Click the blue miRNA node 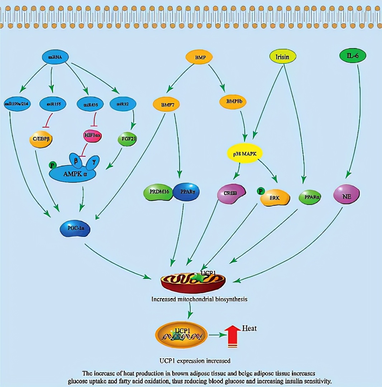point(55,57)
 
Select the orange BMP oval point(199,57)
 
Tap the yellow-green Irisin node point(282,57)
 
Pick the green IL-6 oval point(352,56)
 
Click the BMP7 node point(166,105)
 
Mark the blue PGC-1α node point(75,228)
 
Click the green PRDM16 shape point(158,192)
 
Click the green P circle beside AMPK point(53,165)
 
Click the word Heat point(249,328)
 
